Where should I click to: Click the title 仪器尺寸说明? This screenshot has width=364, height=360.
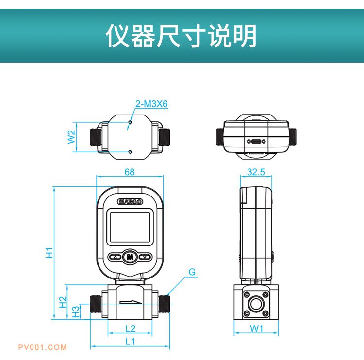point(182,36)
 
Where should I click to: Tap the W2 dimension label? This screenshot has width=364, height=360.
point(71,136)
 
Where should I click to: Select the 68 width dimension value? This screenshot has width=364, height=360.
point(130,172)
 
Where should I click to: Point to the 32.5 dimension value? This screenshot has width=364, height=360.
point(256,172)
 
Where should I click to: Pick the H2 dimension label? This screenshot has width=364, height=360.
point(63,302)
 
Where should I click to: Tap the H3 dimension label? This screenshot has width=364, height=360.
point(76,311)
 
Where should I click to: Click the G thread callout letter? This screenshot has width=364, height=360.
point(192,272)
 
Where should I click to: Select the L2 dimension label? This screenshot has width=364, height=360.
point(130,328)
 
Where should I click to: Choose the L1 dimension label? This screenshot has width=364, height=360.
point(130,341)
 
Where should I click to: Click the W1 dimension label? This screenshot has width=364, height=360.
point(256,328)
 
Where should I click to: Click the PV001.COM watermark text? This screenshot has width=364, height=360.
point(42,347)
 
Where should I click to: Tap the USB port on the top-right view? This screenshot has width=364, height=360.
point(256,142)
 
